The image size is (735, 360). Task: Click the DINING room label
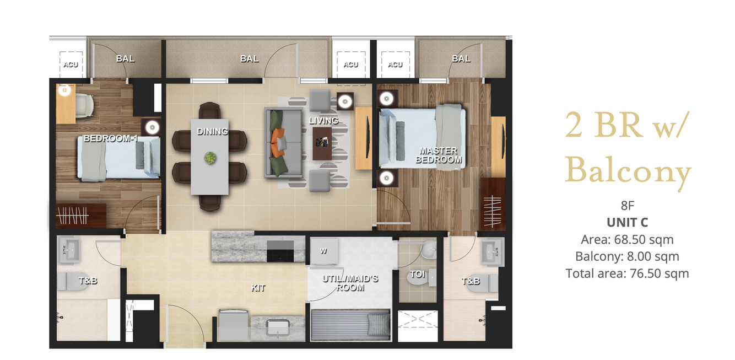(x=212, y=131)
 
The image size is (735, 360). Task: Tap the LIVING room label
(x=323, y=121)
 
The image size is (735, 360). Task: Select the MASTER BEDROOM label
(x=439, y=155)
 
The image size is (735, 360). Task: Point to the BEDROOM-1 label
(x=111, y=138)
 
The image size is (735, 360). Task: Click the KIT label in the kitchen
(x=258, y=288)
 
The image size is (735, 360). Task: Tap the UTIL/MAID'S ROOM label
(x=350, y=283)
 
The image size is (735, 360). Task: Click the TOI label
(x=418, y=274)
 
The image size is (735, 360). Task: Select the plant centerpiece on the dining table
(x=210, y=158)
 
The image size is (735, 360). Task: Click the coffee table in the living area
(x=322, y=143)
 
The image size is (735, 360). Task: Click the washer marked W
(x=324, y=251)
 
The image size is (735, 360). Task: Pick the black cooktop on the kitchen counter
(x=280, y=251)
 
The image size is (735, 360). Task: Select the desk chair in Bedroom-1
(x=84, y=105)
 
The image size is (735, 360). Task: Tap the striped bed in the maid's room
(x=350, y=325)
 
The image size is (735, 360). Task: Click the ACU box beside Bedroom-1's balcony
(x=71, y=65)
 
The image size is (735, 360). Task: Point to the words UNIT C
(x=627, y=222)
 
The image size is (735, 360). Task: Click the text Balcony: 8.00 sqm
(x=627, y=256)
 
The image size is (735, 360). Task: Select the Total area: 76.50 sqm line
(x=627, y=273)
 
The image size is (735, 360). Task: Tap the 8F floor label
(x=627, y=206)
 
